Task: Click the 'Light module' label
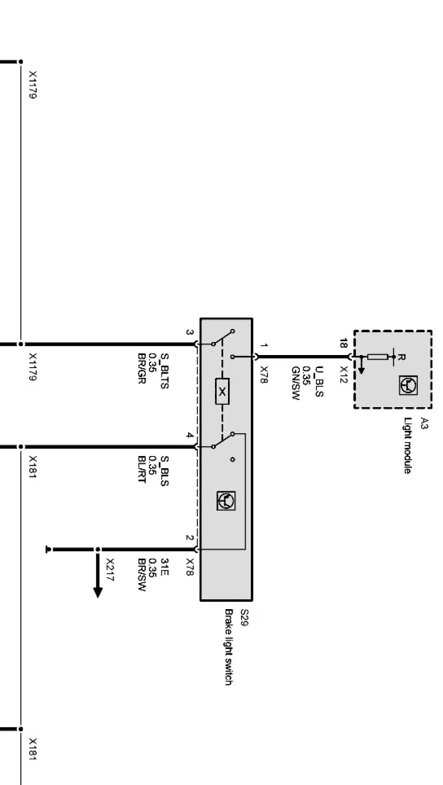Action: coord(407,445)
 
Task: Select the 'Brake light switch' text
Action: coord(228,647)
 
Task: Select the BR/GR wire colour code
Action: coord(142,369)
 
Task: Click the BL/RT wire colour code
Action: coord(142,469)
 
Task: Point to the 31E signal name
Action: coord(163,567)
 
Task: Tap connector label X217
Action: coord(110,570)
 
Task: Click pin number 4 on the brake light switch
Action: coord(189,436)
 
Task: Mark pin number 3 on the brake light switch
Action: coord(189,332)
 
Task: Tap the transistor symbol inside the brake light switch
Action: coord(226,501)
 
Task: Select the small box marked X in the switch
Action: coord(222,391)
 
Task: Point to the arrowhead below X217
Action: coord(98,592)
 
